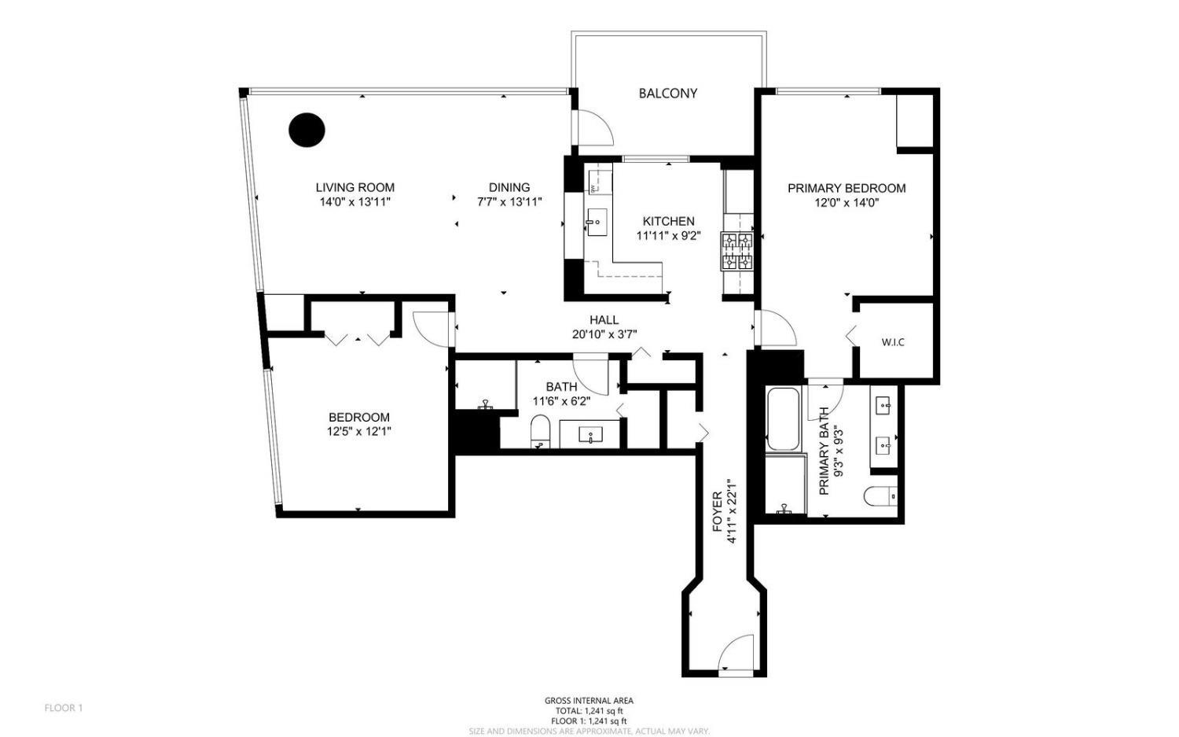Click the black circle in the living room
click(x=307, y=130)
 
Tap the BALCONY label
click(x=667, y=93)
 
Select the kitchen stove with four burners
click(x=736, y=251)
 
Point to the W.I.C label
click(x=892, y=342)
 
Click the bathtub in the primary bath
click(x=783, y=418)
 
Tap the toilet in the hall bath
click(x=540, y=432)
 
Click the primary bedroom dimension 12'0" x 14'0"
click(x=847, y=202)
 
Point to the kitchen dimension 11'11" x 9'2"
click(x=668, y=234)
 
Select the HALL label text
click(x=604, y=319)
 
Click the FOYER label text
click(x=717, y=511)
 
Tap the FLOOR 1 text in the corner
click(x=63, y=708)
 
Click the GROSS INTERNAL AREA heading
click(x=589, y=700)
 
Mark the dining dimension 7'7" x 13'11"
click(x=509, y=201)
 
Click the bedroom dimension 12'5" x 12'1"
click(x=358, y=431)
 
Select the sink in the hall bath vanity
click(x=590, y=434)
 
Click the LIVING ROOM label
click(x=354, y=187)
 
